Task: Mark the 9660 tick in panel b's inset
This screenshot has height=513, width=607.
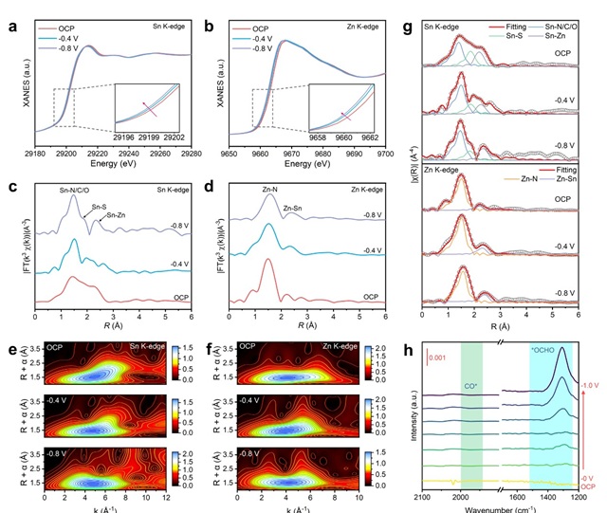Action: pos(348,135)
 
